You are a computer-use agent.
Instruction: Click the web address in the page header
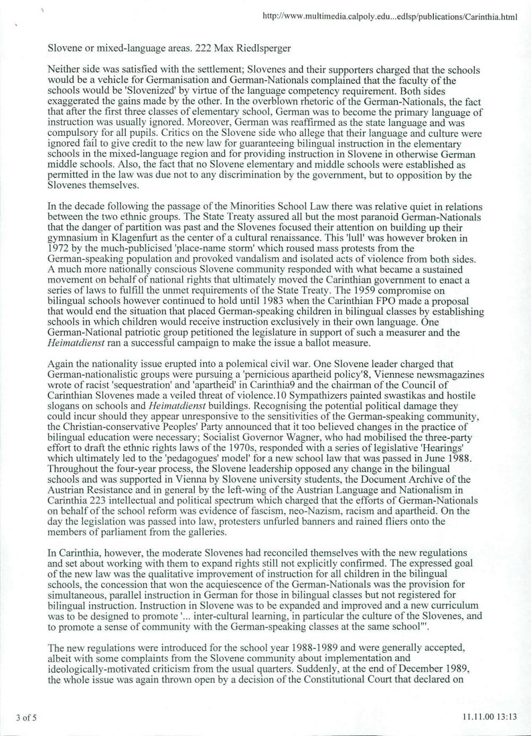[x=390, y=17]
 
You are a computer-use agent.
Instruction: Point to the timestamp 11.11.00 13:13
[x=489, y=718]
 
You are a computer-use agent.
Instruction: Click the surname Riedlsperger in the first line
[x=265, y=48]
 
